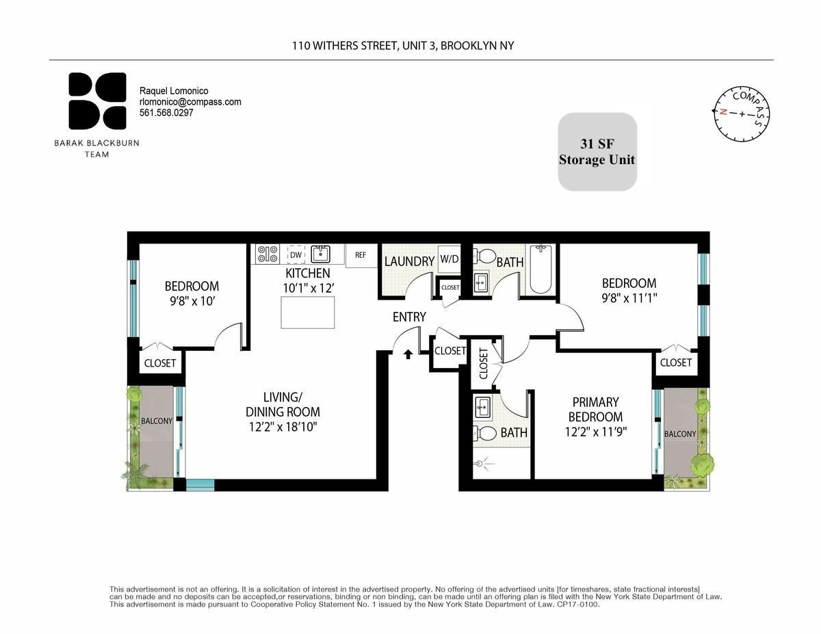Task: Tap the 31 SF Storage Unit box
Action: (x=597, y=151)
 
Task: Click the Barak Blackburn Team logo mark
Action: (x=97, y=101)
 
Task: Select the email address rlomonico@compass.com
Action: (x=190, y=102)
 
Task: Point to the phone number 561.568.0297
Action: (x=166, y=113)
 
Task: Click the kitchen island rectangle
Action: (x=308, y=313)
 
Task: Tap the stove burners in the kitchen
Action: (x=266, y=254)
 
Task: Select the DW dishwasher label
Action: (x=296, y=255)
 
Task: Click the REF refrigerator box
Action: (x=361, y=255)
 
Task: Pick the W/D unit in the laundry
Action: (x=449, y=259)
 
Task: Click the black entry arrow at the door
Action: (x=408, y=354)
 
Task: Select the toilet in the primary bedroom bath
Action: (x=486, y=433)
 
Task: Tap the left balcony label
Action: (x=157, y=421)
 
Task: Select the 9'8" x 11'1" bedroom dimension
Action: (x=629, y=298)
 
